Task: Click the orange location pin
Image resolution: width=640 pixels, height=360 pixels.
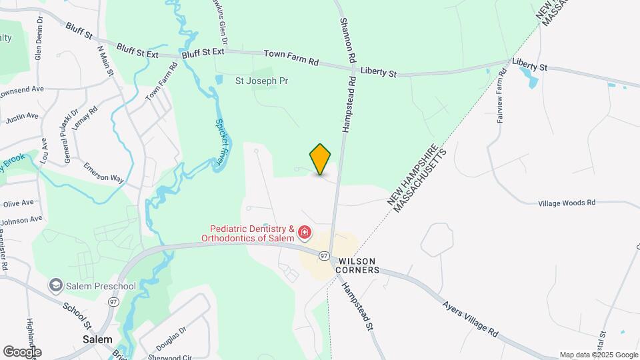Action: [x=321, y=159]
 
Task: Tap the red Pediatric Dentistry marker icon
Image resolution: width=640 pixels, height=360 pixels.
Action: [x=305, y=232]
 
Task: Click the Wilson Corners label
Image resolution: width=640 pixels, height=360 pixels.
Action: [x=359, y=265]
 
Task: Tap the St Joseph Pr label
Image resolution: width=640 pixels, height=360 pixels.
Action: [x=262, y=81]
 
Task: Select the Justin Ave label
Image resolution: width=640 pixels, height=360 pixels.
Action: [x=23, y=117]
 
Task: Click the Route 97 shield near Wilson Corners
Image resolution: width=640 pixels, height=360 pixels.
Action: [x=324, y=255]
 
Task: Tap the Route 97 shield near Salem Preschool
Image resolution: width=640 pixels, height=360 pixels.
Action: [x=113, y=302]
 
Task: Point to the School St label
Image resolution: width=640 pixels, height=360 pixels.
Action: [x=77, y=317]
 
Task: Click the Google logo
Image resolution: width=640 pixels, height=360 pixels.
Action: [x=22, y=351]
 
